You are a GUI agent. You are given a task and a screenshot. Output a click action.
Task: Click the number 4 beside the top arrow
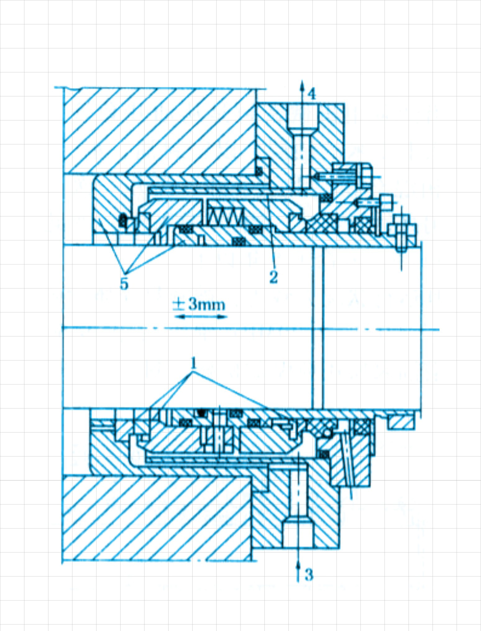click(312, 93)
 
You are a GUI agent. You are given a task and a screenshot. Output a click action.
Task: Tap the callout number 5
click(124, 284)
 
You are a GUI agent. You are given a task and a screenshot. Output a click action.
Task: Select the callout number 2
click(273, 277)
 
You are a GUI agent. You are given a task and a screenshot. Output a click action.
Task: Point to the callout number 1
click(194, 363)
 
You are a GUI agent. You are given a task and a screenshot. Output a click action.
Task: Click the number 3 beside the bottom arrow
click(309, 574)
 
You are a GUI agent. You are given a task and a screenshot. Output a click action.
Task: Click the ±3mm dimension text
click(199, 305)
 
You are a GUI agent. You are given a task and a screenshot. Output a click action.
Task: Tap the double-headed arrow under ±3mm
click(200, 317)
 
